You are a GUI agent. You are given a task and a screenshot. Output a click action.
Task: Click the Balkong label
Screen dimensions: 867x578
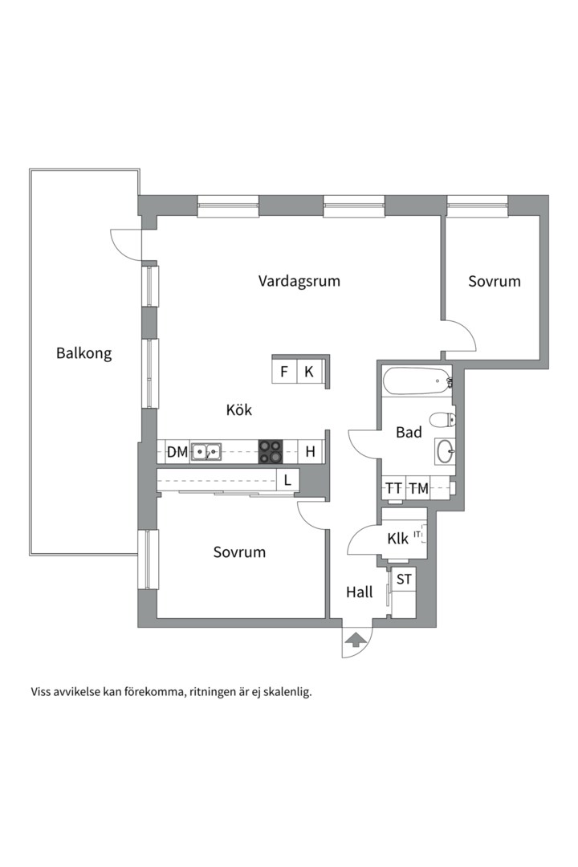(83, 352)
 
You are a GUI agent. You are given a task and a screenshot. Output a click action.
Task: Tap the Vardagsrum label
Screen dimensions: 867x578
(299, 281)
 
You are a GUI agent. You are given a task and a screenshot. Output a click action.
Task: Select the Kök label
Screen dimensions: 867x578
(239, 410)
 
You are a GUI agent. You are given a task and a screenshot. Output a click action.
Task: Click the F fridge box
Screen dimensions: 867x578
(283, 372)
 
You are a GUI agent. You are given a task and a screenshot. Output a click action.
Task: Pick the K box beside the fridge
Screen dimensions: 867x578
(308, 372)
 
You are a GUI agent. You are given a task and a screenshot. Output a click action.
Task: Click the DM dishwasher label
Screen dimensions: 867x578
(177, 452)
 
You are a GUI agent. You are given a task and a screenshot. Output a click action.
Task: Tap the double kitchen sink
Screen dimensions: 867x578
(206, 452)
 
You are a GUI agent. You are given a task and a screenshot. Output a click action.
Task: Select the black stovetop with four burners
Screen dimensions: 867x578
(271, 452)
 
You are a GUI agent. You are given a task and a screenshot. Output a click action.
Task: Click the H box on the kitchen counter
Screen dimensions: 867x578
(310, 452)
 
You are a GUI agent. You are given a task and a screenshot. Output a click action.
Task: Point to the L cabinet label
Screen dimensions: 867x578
(287, 481)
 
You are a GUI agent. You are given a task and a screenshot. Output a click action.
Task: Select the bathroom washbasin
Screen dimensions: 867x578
(446, 451)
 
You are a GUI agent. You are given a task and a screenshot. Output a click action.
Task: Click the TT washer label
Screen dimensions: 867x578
(393, 488)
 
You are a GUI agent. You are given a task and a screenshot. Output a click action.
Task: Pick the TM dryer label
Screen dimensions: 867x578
(417, 488)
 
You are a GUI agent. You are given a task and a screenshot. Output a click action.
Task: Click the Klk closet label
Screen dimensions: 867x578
(397, 539)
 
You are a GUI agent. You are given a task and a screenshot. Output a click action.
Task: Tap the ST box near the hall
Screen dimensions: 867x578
(404, 579)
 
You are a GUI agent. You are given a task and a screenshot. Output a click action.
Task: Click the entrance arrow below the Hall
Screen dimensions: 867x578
(354, 639)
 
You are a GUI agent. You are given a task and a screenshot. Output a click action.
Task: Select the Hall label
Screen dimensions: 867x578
(359, 592)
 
